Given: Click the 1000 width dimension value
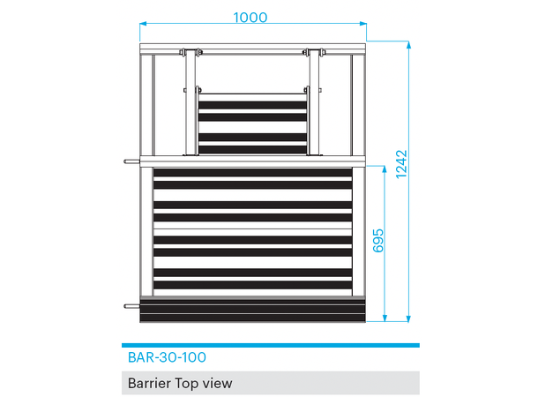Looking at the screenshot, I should point(250,17).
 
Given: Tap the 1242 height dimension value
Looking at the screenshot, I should point(402,164).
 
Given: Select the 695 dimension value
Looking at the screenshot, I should point(379,242).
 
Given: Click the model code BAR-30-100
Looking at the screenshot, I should point(167,358).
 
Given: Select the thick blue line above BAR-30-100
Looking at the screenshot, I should point(270,346).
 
